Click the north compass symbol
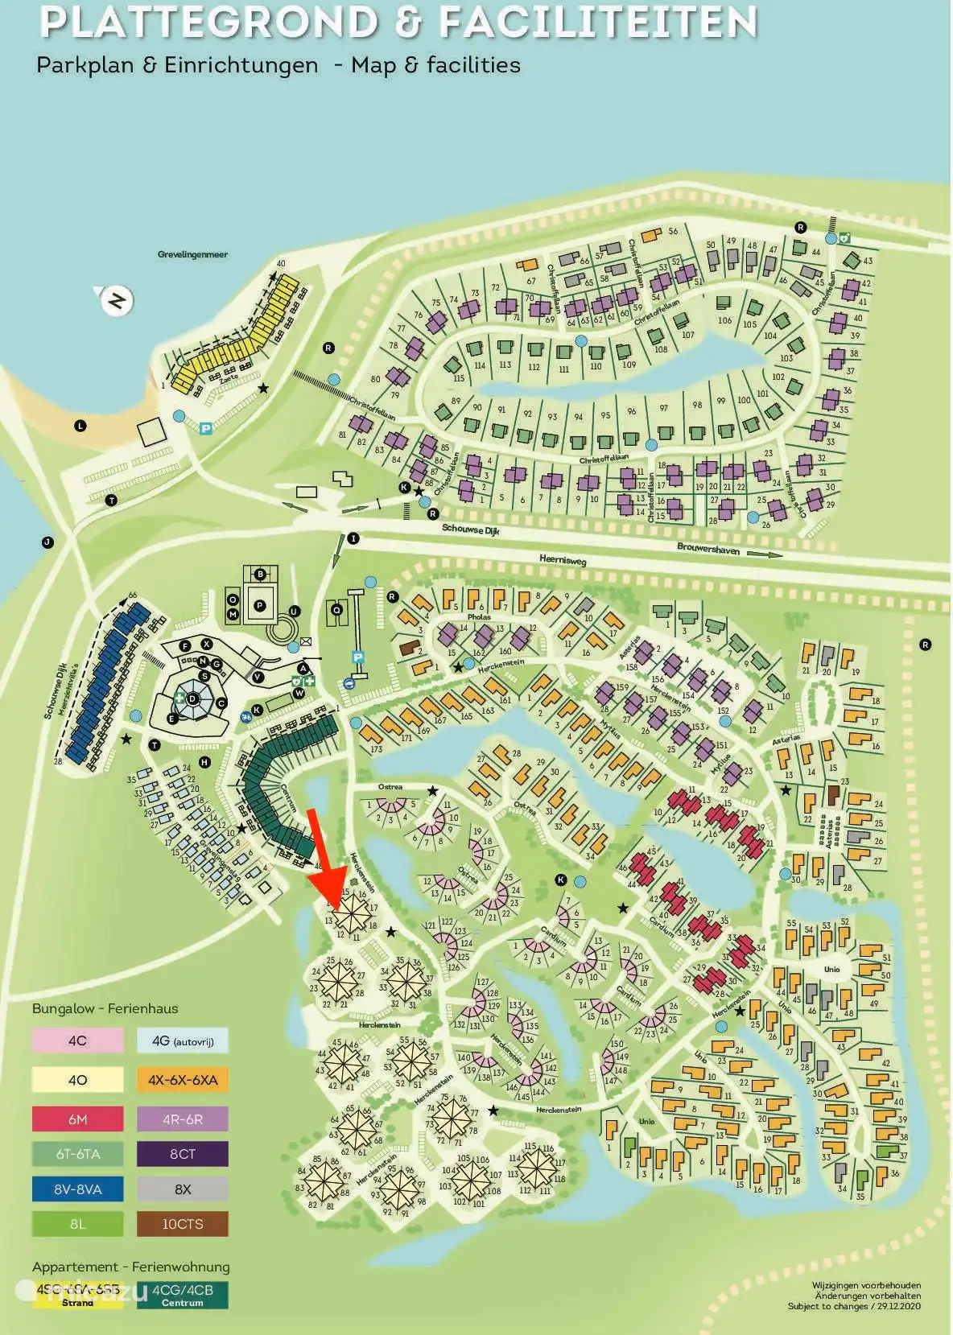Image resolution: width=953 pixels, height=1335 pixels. point(117,301)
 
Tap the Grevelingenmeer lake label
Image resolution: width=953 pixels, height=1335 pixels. point(192,254)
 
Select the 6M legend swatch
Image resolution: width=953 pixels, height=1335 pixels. point(78,1119)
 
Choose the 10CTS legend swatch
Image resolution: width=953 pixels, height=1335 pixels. point(183,1224)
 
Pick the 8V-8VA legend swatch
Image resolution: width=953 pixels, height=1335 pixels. point(78,1189)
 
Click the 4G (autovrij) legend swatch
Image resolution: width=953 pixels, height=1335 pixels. point(183,1040)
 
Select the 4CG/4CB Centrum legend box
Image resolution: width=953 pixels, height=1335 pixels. point(183,1295)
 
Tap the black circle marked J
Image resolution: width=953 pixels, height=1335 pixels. point(47,542)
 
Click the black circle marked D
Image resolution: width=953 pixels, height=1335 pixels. point(193,698)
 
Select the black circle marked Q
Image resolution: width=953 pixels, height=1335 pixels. point(337,611)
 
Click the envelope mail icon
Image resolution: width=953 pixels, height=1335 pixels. point(305,641)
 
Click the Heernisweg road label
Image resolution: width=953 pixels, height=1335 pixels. point(562,560)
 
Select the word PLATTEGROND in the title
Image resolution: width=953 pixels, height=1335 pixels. point(208,23)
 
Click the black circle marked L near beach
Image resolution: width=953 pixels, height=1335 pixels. point(80,426)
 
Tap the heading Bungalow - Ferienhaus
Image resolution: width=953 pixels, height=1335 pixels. point(105,1008)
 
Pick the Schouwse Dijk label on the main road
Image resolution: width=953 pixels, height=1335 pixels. point(470,529)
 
